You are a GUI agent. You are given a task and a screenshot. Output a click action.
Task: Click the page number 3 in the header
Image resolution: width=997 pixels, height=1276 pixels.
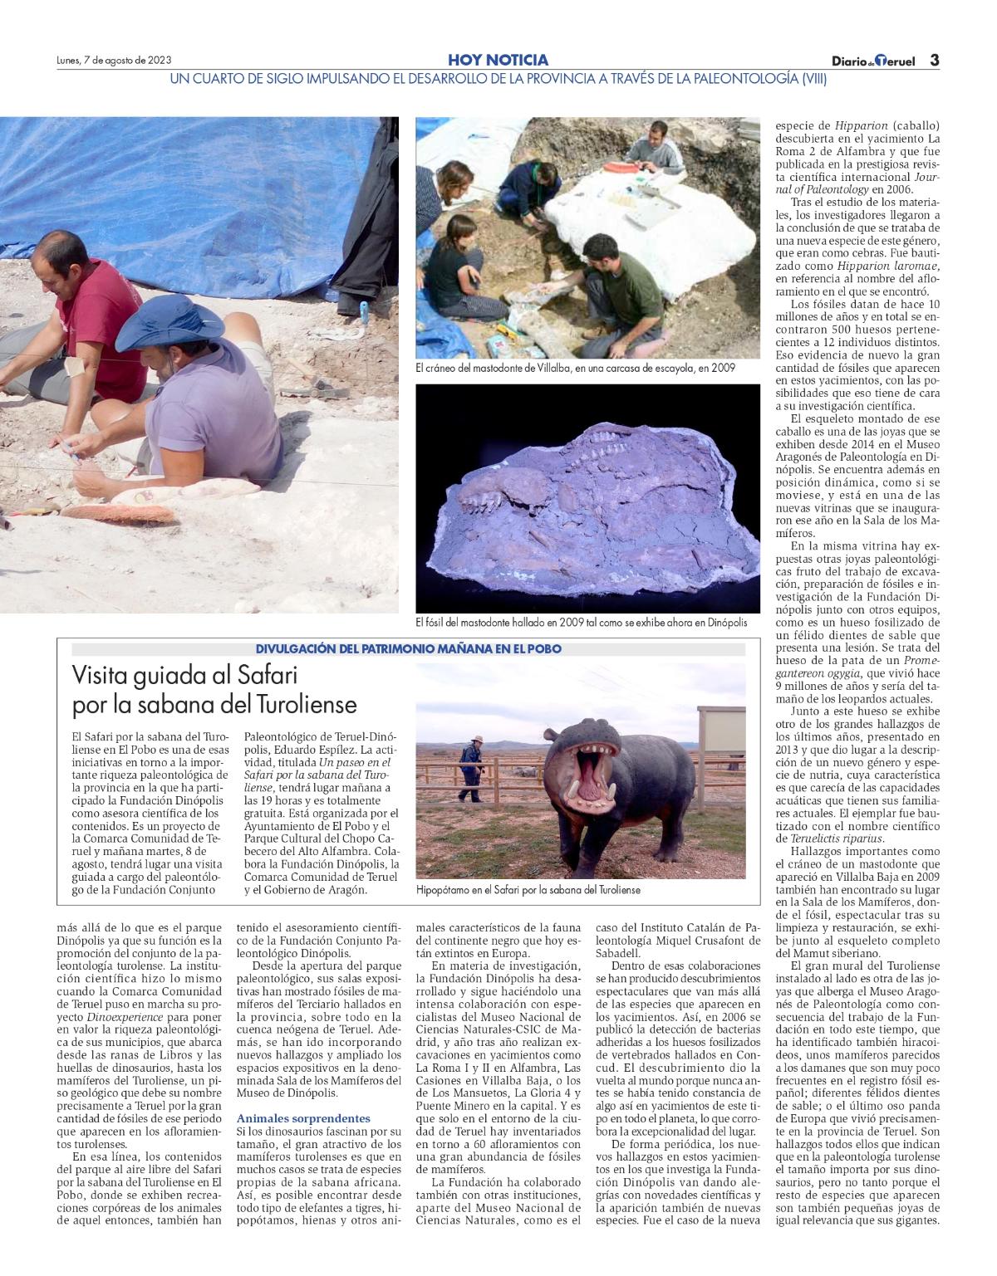click(934, 61)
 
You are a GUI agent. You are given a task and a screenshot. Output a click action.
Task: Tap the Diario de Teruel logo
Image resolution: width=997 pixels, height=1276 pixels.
click(873, 61)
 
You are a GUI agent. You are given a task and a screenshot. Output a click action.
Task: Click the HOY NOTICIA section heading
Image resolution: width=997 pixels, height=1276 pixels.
click(498, 60)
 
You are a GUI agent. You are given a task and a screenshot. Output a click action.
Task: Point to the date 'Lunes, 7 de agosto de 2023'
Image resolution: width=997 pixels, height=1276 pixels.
click(114, 61)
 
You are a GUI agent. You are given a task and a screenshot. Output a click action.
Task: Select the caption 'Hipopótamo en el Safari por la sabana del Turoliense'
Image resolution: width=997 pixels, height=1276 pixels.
click(528, 889)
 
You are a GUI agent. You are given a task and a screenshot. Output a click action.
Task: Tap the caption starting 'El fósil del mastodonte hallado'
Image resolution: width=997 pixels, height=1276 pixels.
click(581, 622)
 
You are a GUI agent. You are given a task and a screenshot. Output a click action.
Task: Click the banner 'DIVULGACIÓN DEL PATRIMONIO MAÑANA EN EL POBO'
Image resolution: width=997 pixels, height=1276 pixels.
click(408, 648)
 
